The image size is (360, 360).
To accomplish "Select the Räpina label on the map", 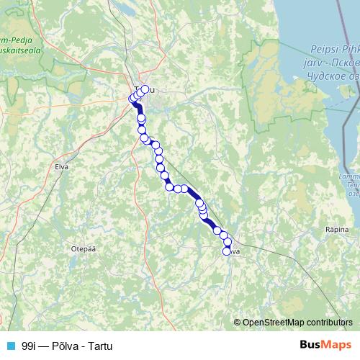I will click(x=338, y=228).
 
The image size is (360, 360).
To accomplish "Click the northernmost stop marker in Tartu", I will click(x=145, y=89).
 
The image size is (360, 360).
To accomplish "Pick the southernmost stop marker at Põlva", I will click(x=227, y=251).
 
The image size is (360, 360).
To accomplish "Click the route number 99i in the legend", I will click(x=30, y=346).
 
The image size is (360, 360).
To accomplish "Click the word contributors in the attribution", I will click(x=331, y=323).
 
